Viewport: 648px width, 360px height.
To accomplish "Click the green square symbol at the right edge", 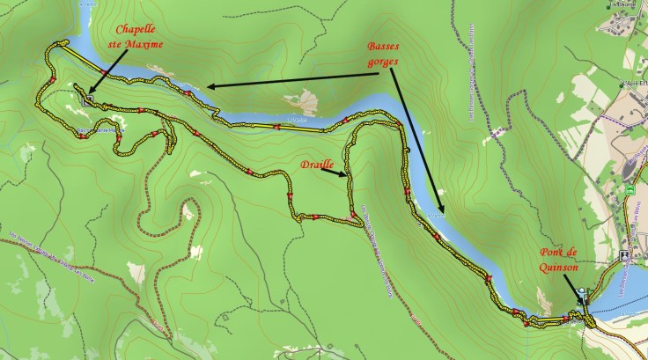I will click(630, 189).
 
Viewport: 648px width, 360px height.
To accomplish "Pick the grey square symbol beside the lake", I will click(623, 255).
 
